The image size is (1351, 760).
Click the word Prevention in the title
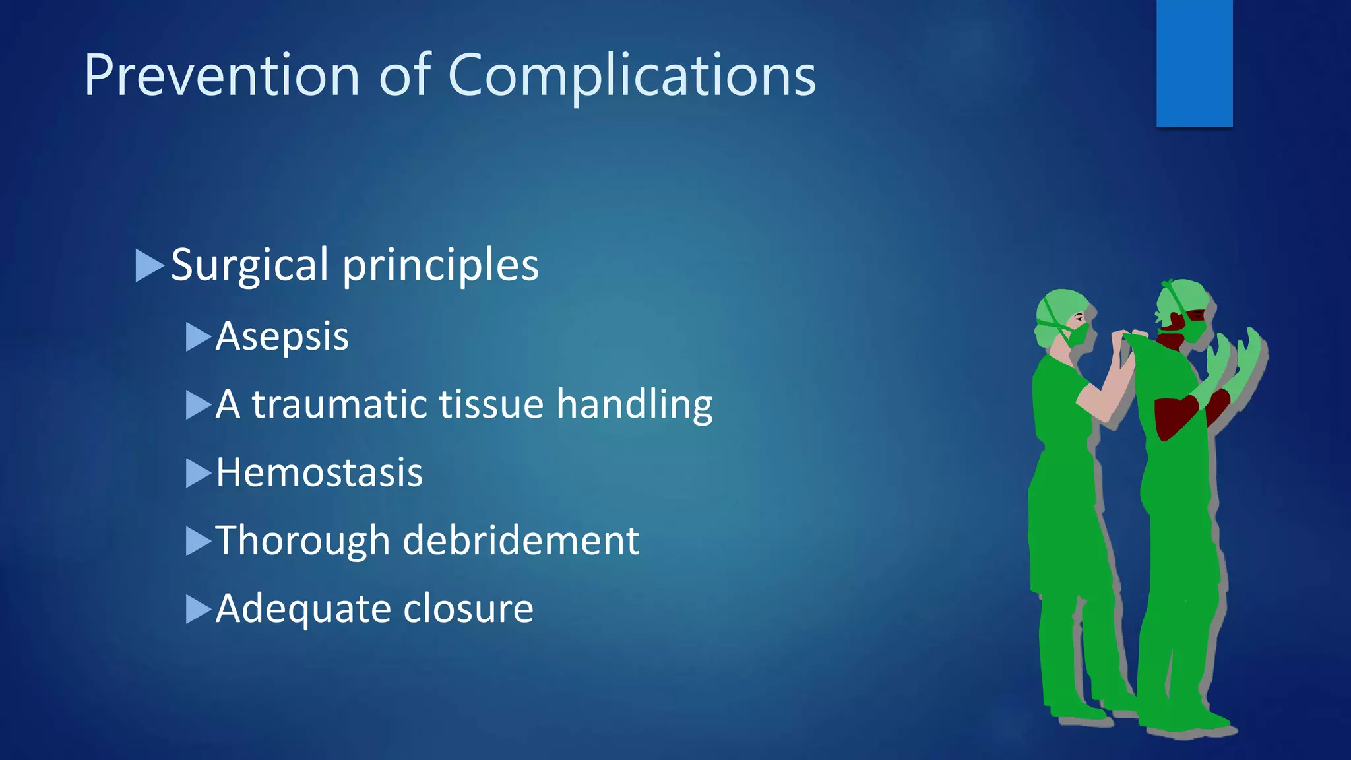[222, 75]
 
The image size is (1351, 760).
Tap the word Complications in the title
[631, 75]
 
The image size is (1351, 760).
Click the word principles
[441, 265]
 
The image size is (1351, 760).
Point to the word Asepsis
[282, 336]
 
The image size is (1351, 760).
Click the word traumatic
[339, 404]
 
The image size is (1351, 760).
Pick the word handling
[634, 404]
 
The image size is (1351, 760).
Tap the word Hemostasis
[319, 472]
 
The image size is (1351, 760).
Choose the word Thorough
[303, 540]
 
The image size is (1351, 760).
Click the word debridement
[520, 540]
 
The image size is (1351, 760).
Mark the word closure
[468, 608]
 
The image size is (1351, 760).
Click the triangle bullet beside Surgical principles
[148, 265]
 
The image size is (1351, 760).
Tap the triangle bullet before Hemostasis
[197, 473]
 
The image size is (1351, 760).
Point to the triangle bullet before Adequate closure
[197, 609]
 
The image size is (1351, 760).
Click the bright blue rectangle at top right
[1194, 63]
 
